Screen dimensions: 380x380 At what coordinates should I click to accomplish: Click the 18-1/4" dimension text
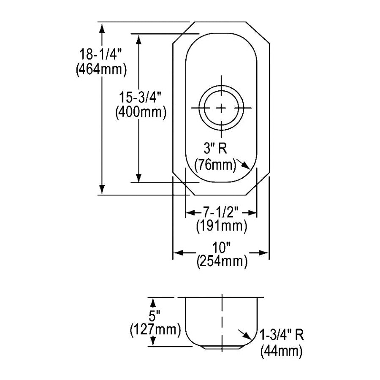pyautogui.click(x=100, y=54)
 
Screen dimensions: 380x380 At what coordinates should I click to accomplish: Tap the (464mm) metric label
pyautogui.click(x=101, y=70)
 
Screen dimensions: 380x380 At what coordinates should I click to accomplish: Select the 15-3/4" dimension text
pyautogui.click(x=140, y=97)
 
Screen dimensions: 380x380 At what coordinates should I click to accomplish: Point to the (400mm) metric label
pyautogui.click(x=141, y=112)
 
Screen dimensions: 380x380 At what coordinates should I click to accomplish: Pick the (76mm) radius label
pyautogui.click(x=215, y=165)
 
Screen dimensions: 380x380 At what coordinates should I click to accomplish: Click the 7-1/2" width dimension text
pyautogui.click(x=221, y=212)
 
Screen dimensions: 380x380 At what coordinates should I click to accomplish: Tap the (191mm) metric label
pyautogui.click(x=222, y=226)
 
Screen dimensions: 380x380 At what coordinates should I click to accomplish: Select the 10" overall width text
pyautogui.click(x=221, y=248)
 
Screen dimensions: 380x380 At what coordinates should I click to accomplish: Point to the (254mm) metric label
pyautogui.click(x=222, y=261)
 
